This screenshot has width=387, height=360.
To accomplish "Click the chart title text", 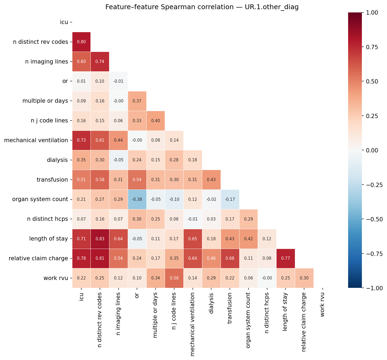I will point(202,7).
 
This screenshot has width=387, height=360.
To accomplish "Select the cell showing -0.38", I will point(137,199).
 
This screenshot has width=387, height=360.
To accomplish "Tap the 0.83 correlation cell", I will point(100,239).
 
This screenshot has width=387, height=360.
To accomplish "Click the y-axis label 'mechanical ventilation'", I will point(36,140).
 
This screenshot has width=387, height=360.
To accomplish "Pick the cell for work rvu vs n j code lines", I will point(174,278).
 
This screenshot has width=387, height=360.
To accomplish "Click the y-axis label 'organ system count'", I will point(40,199).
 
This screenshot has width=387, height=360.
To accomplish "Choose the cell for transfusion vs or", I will point(137,180).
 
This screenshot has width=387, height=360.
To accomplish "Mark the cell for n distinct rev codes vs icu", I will point(81,42).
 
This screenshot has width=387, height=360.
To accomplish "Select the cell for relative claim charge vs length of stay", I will point(286,258).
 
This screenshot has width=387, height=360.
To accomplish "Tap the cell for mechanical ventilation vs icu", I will point(81,140).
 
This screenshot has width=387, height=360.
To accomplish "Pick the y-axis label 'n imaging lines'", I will point(46,62).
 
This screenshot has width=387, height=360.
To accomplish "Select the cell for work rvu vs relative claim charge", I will point(304,278).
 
